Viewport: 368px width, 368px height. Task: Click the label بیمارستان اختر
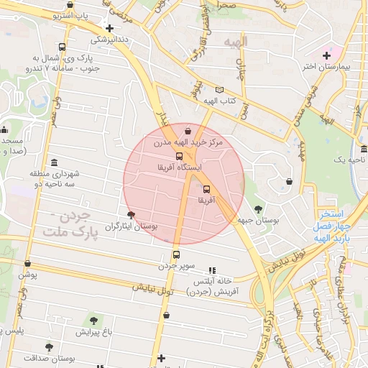[328, 67]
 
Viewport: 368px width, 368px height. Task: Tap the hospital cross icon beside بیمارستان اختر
[327, 55]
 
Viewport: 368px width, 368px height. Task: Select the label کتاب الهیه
[219, 101]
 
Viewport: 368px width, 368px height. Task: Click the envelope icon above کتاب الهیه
[219, 90]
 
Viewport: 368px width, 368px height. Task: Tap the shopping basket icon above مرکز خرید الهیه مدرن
[188, 132]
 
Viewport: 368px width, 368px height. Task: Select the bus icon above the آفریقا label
[207, 190]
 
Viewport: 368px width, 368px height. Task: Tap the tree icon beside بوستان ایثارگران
[131, 214]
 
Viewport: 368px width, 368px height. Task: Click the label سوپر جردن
[177, 266]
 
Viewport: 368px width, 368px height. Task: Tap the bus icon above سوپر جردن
[175, 254]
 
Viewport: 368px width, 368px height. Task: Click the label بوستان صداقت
[49, 358]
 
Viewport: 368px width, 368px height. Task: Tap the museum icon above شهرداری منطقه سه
[55, 162]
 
